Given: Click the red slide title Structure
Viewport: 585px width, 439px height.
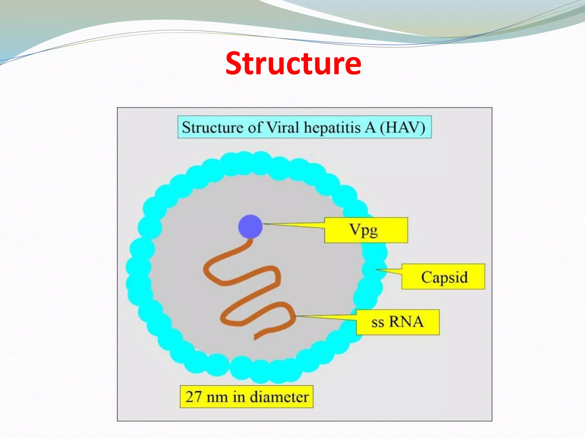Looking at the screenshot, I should click(293, 63).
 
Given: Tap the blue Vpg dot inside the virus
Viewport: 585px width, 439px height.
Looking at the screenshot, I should click(250, 226).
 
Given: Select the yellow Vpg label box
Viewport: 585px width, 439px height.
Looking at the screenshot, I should click(366, 230).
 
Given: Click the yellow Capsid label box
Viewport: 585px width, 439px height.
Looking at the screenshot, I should click(443, 277).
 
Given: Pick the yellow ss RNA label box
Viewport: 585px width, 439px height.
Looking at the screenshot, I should click(398, 322).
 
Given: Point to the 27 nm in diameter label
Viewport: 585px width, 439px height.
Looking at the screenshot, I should click(247, 397).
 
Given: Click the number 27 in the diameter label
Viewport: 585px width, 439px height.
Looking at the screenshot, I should click(194, 397).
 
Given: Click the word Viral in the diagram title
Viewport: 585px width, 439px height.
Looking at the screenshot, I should click(283, 127).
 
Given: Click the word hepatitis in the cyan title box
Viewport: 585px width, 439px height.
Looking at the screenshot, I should click(332, 127).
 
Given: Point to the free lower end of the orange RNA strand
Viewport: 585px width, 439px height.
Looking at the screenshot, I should click(255, 339).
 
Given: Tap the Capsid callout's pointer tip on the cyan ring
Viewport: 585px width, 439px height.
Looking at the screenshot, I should click(376, 269).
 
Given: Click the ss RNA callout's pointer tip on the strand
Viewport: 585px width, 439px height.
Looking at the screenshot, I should click(296, 316).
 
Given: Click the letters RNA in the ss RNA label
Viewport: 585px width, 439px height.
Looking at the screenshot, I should click(406, 322).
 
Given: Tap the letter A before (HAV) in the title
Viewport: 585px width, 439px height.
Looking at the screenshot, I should click(370, 127).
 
